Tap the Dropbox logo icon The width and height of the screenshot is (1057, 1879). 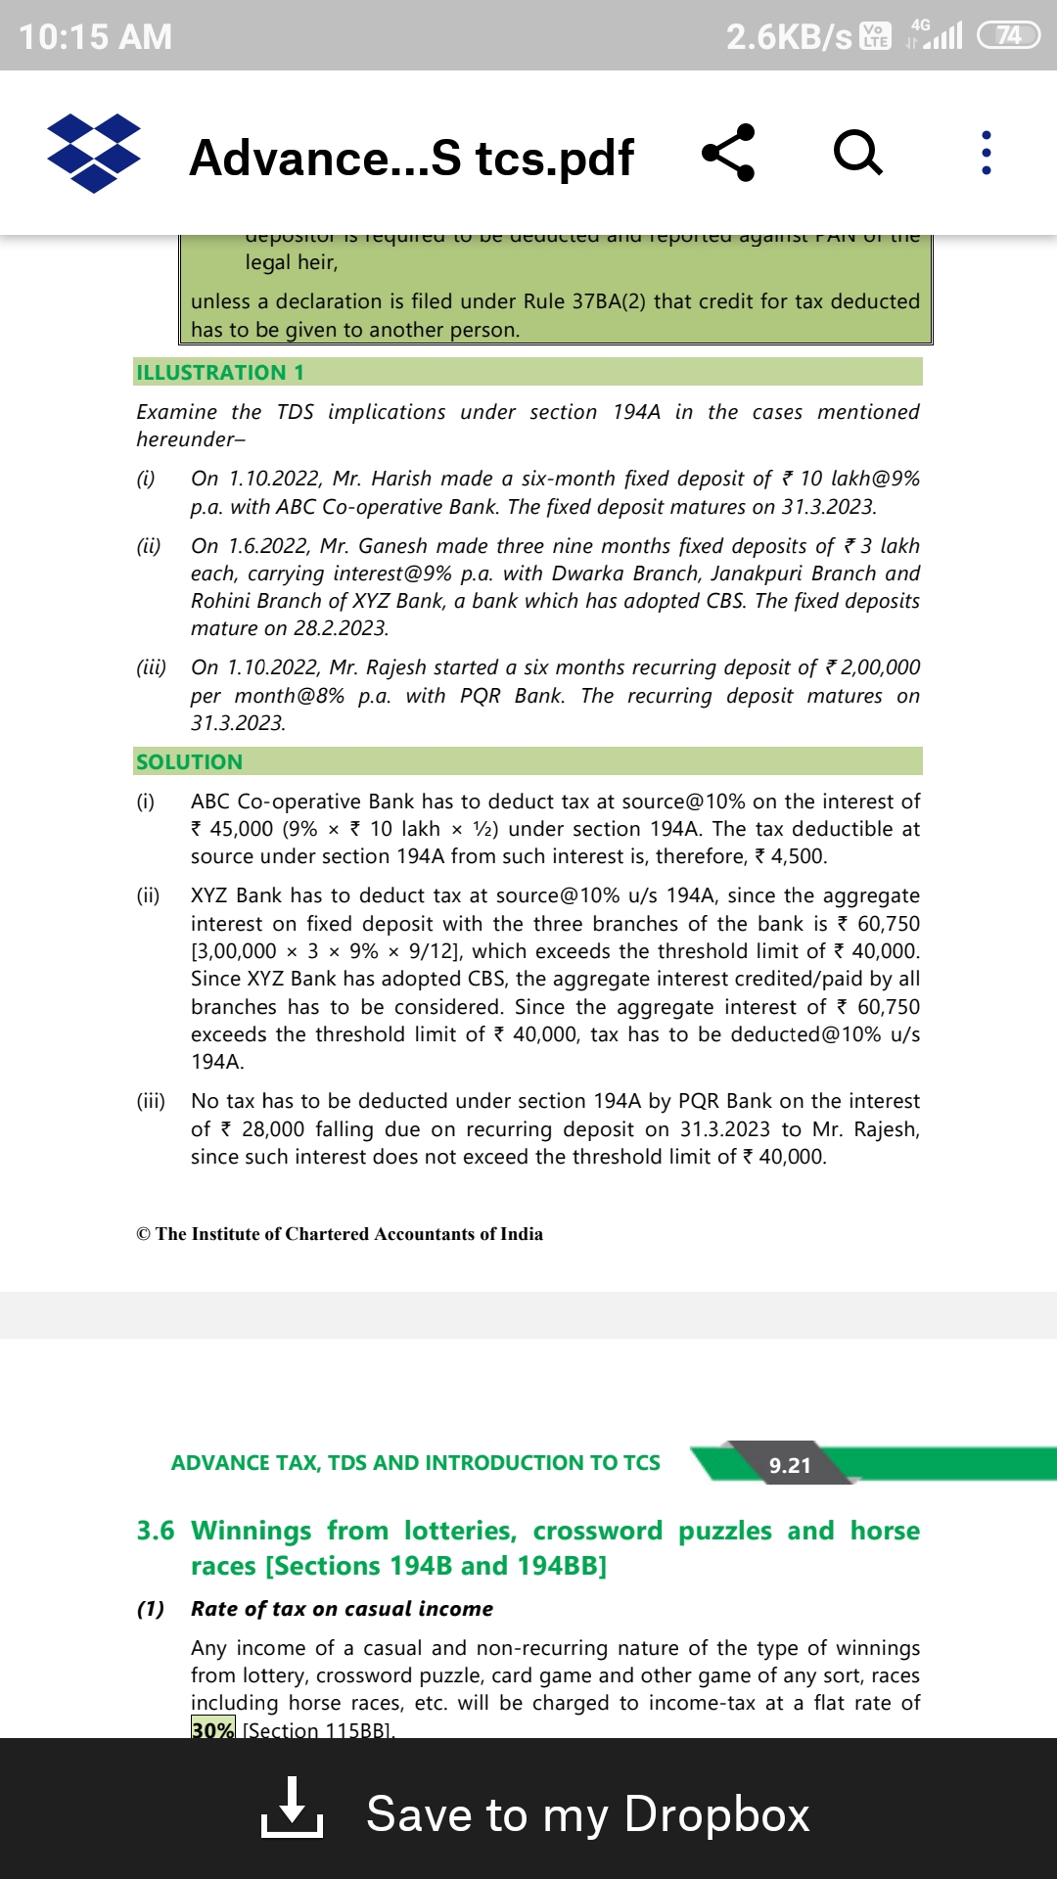(x=94, y=154)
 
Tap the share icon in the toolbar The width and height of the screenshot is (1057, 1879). (x=728, y=153)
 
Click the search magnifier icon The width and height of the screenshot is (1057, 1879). (x=858, y=153)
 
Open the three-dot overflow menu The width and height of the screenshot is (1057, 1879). (x=986, y=153)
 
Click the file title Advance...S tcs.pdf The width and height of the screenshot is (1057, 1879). (x=411, y=158)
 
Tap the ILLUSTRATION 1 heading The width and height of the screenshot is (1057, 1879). (x=220, y=373)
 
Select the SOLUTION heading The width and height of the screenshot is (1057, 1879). (x=189, y=762)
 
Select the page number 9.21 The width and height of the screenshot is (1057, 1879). (x=790, y=1465)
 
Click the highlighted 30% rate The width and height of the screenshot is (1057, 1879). (x=212, y=1729)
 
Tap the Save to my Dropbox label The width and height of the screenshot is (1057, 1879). (x=587, y=1814)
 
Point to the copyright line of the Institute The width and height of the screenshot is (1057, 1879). (x=340, y=1234)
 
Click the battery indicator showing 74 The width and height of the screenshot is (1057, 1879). (x=1008, y=36)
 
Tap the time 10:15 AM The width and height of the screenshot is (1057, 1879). (x=95, y=37)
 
